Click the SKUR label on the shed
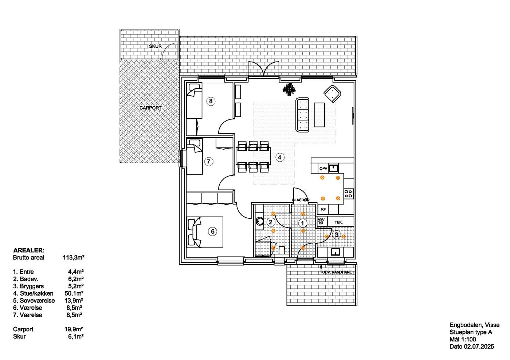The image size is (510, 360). click(155, 46)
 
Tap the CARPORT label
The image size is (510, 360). click(150, 108)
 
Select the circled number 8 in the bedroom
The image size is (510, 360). click(211, 101)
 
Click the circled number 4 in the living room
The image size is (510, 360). click(280, 157)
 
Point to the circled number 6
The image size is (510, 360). click(212, 232)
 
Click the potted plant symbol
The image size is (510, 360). click(289, 89)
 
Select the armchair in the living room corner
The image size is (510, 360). click(332, 94)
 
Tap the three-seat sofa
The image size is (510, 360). click(302, 115)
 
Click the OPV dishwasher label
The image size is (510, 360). click(323, 169)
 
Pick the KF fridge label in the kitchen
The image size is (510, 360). click(323, 209)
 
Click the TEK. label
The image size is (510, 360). click(338, 222)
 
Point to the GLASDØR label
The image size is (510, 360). click(301, 200)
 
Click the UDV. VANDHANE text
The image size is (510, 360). click(337, 272)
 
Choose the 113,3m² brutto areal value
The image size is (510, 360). click(74, 258)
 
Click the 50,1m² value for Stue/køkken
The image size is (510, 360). click(74, 293)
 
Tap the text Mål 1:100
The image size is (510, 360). click(463, 340)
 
